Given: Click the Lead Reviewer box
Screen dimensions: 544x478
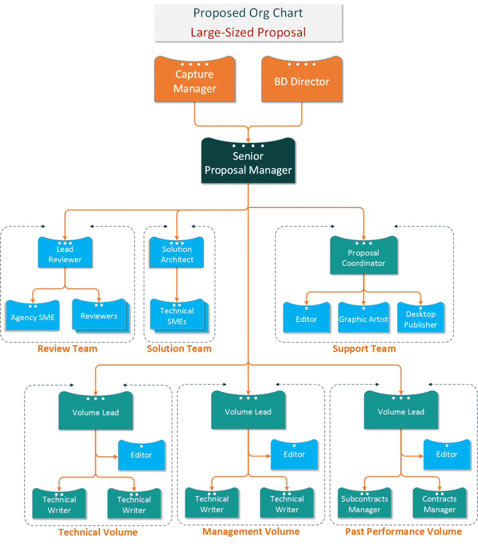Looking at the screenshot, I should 65,253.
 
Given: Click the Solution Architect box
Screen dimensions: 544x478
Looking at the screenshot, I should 177,253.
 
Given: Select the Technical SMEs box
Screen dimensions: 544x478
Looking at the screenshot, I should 177,315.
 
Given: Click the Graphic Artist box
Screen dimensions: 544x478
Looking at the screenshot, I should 363,318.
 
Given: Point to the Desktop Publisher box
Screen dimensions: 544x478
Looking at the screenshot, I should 421,318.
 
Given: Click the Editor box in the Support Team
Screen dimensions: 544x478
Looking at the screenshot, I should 306,318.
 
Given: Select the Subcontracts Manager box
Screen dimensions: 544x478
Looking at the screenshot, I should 364,503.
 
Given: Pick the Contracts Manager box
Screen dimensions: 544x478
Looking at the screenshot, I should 439,503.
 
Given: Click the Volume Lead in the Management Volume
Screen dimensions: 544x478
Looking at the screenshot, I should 248,411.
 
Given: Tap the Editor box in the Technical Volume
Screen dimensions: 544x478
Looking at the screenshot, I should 141,455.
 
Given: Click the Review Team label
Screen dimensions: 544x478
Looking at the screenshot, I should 67,349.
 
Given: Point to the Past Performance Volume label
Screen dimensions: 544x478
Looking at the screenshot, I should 404,532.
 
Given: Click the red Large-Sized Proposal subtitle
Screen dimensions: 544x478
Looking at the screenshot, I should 248,32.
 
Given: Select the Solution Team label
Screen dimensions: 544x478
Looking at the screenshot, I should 179,349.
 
